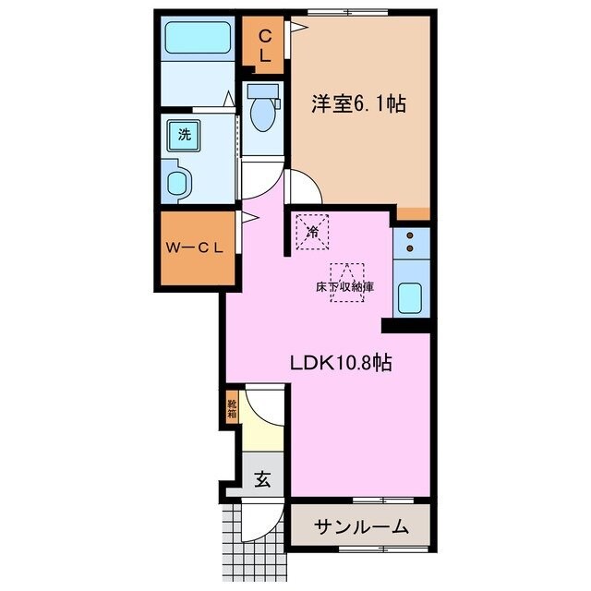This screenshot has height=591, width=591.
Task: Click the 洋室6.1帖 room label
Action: [x=358, y=103]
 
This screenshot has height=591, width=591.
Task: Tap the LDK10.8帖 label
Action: [x=342, y=363]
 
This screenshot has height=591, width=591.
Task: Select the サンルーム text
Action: [x=361, y=527]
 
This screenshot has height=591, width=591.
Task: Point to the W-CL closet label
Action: [x=196, y=248]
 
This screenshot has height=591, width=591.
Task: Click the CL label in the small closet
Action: [x=264, y=45]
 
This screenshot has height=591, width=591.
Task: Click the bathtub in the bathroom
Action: [x=197, y=39]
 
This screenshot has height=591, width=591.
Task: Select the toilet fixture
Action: [x=263, y=110]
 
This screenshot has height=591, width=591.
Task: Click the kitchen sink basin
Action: [x=410, y=298]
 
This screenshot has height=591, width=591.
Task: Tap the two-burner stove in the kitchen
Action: [x=410, y=242]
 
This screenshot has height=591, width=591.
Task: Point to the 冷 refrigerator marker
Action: [x=312, y=231]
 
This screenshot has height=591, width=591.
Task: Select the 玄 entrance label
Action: [x=262, y=479]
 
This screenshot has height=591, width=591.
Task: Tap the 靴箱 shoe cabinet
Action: [x=231, y=407]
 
